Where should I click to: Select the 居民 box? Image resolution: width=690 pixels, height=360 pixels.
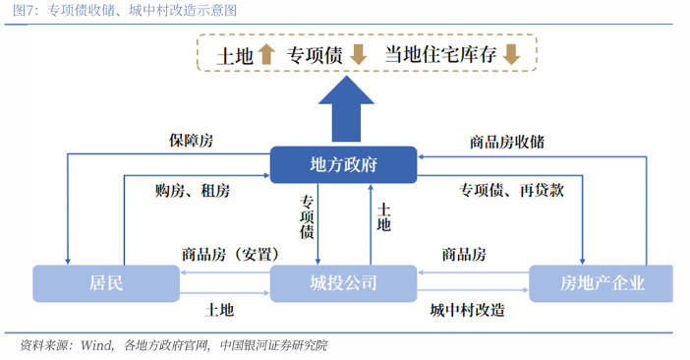[x=107, y=283]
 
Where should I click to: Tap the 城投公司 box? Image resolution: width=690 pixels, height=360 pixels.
[x=343, y=283]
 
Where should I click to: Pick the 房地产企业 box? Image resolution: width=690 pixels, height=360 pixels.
[x=602, y=283]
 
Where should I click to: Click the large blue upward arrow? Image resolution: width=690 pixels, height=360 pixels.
[x=343, y=109]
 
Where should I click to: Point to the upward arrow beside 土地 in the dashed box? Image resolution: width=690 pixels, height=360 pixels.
[x=267, y=55]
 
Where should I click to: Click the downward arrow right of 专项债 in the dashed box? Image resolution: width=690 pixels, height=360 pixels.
[x=358, y=55]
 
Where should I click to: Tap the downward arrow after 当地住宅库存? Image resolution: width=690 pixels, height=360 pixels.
[x=511, y=55]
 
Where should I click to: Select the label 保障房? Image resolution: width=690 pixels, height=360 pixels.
[x=191, y=141]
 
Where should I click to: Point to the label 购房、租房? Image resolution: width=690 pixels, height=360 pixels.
[x=193, y=190]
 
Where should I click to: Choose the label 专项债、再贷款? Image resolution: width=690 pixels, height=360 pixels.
[x=511, y=190]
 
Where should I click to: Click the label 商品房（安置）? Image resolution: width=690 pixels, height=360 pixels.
[x=226, y=254]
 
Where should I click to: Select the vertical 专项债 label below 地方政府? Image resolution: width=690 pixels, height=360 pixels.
[x=307, y=217]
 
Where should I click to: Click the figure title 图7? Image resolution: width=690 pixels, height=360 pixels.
[x=25, y=12]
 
